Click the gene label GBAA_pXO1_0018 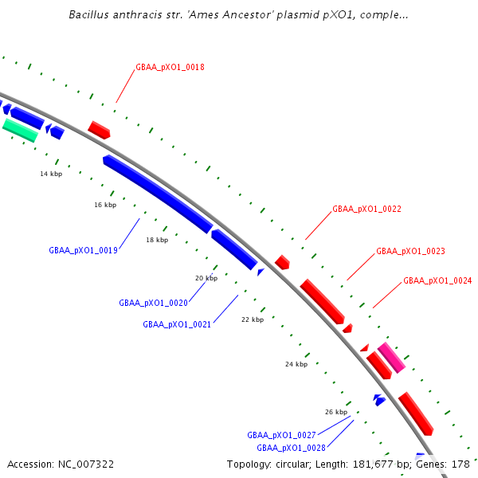170,68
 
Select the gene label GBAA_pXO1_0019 84,250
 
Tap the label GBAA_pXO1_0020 154,303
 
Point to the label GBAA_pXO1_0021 177,324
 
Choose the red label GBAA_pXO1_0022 366,209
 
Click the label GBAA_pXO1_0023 410,251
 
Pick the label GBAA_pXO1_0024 437,280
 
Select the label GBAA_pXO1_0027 281,435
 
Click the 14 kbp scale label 51,174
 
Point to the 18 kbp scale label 157,240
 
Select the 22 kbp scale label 252,319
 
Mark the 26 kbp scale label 336,412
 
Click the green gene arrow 20,130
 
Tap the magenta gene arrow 391,358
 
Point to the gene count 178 460,464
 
